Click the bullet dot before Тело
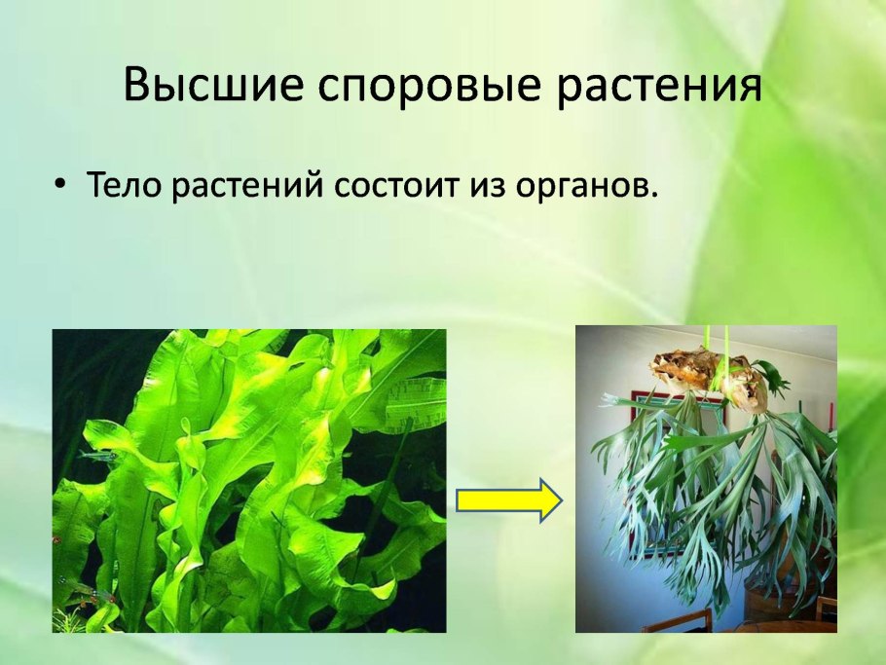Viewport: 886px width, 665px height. point(60,184)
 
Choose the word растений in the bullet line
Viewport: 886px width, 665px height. point(246,185)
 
